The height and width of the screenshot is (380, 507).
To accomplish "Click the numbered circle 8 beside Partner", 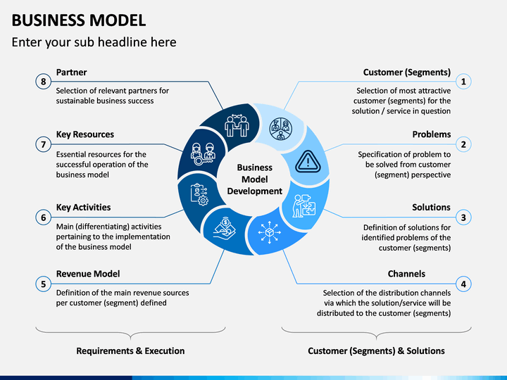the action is (44, 82).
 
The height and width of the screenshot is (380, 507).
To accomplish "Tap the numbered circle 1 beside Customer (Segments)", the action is (463, 82).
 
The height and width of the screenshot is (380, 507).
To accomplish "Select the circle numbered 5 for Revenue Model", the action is (44, 284).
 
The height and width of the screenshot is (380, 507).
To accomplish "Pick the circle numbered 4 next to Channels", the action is (463, 284).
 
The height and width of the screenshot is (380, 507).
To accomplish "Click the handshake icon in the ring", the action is (237, 125).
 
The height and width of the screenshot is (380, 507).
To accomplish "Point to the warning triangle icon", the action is (308, 161).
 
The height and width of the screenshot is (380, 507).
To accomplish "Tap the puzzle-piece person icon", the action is (304, 205).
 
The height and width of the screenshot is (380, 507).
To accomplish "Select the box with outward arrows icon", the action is (269, 232).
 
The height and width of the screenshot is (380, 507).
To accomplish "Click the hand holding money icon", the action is (225, 228).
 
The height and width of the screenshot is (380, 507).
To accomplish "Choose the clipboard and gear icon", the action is (199, 194).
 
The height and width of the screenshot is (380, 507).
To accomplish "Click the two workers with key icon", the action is (204, 154).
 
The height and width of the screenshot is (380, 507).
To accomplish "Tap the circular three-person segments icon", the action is (281, 129).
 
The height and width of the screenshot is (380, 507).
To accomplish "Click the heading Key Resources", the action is (85, 134).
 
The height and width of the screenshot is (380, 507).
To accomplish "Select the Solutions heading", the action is (431, 207).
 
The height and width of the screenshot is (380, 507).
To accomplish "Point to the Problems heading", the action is (432, 134).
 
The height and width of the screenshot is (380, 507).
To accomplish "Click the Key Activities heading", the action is (83, 207).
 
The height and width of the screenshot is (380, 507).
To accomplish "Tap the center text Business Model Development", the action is (255, 179).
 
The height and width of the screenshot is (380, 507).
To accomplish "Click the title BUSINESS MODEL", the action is (79, 20).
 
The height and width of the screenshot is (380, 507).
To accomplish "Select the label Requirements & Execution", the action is (130, 350).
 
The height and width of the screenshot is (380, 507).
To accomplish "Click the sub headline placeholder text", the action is (94, 42).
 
